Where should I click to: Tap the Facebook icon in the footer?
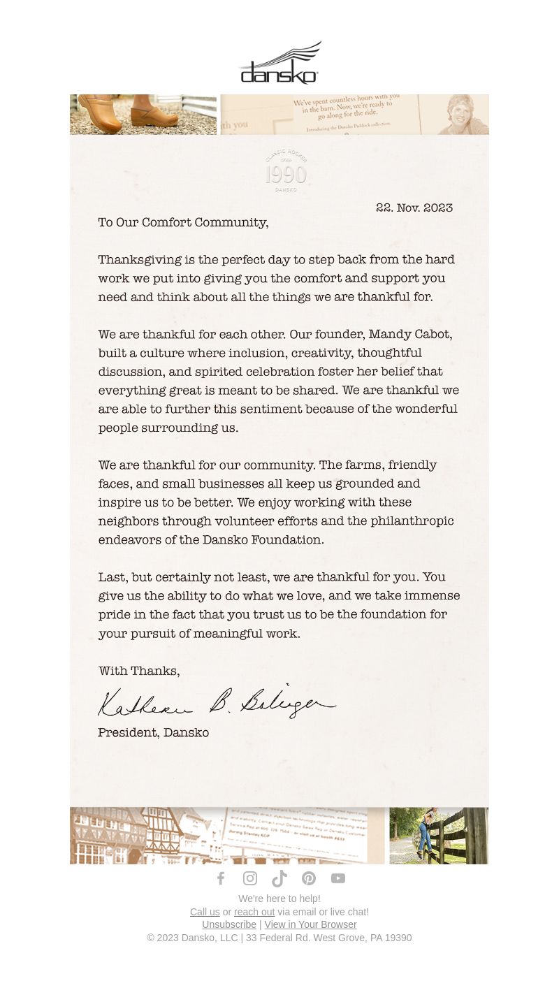221,878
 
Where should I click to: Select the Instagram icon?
250,878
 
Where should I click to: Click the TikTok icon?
279,878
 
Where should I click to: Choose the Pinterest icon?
309,878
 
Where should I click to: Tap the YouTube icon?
338,878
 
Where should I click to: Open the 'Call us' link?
205,912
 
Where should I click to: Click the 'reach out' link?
254,912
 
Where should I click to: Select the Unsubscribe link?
229,924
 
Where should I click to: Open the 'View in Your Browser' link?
310,924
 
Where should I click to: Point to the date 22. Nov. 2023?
414,208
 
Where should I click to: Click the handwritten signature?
217,702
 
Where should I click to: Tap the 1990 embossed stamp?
286,171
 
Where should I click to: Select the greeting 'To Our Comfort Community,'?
183,222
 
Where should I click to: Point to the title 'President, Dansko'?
153,732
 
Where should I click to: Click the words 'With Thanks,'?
139,671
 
